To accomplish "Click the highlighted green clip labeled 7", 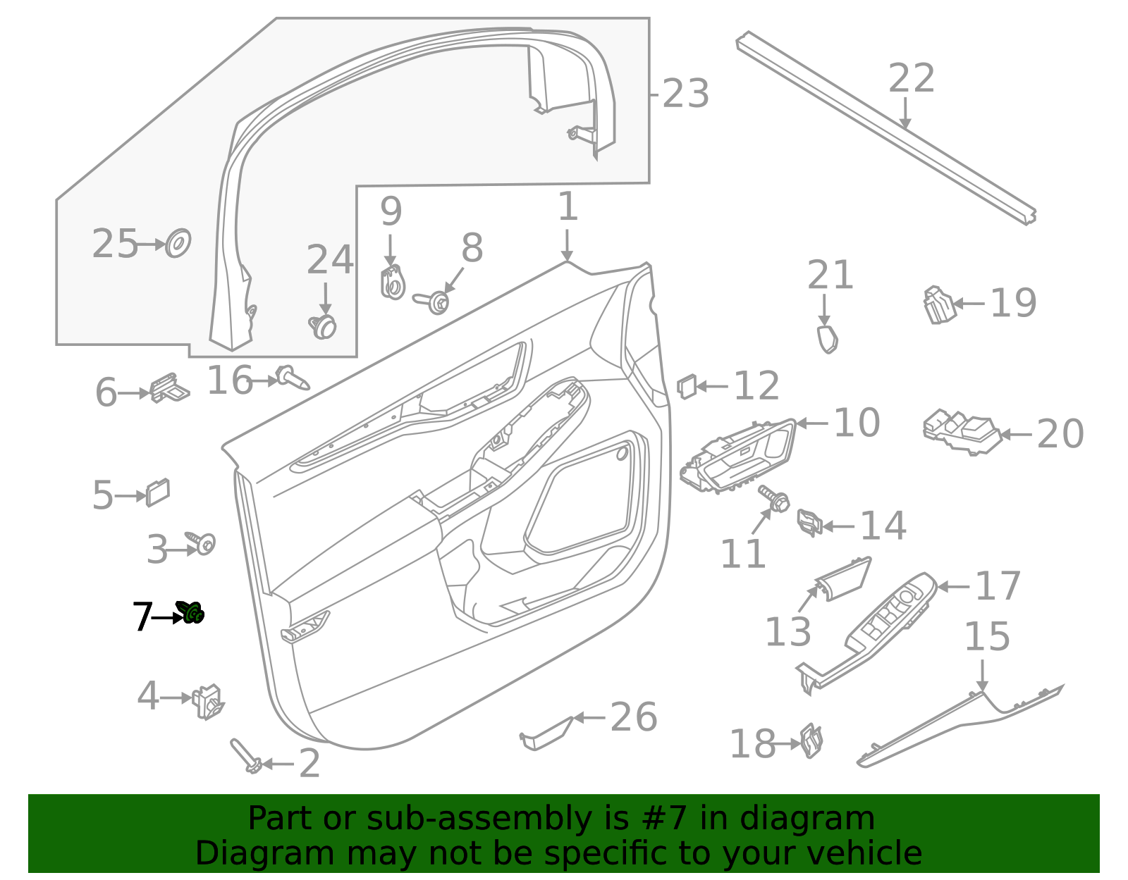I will [x=191, y=612].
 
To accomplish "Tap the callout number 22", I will [x=911, y=78].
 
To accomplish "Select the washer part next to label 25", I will [x=178, y=243].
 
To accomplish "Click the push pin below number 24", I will [x=323, y=326].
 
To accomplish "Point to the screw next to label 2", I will [x=245, y=756].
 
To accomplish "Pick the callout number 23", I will [x=685, y=94].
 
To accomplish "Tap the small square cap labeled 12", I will [x=687, y=386].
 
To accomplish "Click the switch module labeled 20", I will [x=962, y=431].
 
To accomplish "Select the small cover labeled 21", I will [x=828, y=339].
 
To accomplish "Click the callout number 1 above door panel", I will [x=568, y=208].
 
